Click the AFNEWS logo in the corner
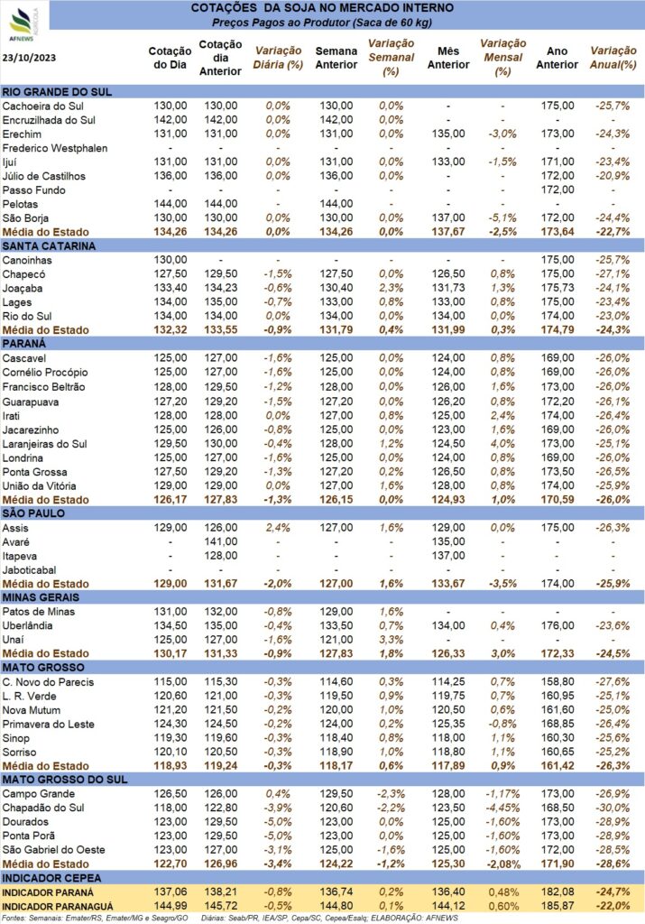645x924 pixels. coord(23,24)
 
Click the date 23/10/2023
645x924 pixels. coord(30,58)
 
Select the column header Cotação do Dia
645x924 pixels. coord(170,58)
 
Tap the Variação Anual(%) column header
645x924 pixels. coord(613,58)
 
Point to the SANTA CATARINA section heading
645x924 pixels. coord(49,246)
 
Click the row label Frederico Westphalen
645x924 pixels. coord(55,148)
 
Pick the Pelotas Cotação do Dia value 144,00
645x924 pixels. coord(170,204)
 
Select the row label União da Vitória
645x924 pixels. coord(39,486)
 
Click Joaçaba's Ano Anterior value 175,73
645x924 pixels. coord(557,288)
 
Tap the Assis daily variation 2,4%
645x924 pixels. coord(278,528)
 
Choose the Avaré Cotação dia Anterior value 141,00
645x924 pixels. coord(221,541)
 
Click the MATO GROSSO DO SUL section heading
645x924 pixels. coord(65,780)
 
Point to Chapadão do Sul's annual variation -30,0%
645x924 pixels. coord(613,808)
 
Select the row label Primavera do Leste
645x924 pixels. coord(49,725)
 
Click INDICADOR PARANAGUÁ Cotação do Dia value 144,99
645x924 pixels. coord(170,906)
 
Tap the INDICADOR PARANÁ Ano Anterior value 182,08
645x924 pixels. coord(557,892)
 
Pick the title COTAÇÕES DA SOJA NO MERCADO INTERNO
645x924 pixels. coord(322,8)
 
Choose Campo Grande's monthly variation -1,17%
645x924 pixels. coord(502,794)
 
